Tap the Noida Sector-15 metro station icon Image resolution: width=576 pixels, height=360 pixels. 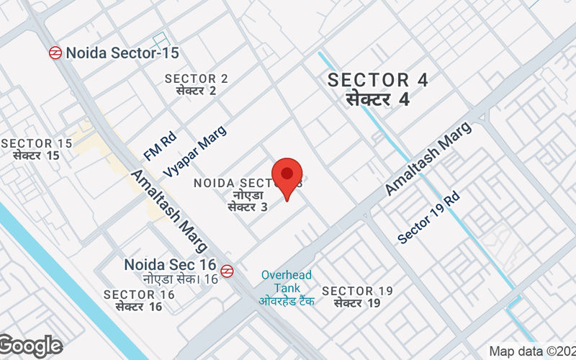[55, 53]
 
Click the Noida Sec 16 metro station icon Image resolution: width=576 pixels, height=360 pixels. [227, 271]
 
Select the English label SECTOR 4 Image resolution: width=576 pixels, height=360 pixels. [377, 80]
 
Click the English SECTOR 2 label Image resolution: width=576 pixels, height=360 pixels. [196, 78]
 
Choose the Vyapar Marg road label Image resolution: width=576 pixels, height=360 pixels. [195, 151]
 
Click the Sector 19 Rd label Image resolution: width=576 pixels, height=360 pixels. [428, 217]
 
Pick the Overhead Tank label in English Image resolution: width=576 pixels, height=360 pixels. [287, 282]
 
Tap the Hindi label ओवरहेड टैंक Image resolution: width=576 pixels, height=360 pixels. [287, 301]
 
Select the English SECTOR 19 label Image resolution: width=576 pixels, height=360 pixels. [357, 291]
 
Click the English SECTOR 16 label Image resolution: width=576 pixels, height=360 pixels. [139, 294]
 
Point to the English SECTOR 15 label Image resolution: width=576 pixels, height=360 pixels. [37, 143]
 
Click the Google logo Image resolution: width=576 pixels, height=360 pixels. [31, 346]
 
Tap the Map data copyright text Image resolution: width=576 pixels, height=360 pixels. [531, 351]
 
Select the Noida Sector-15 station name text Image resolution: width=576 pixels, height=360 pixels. [122, 53]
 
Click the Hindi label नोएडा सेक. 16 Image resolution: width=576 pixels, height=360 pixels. [180, 279]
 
